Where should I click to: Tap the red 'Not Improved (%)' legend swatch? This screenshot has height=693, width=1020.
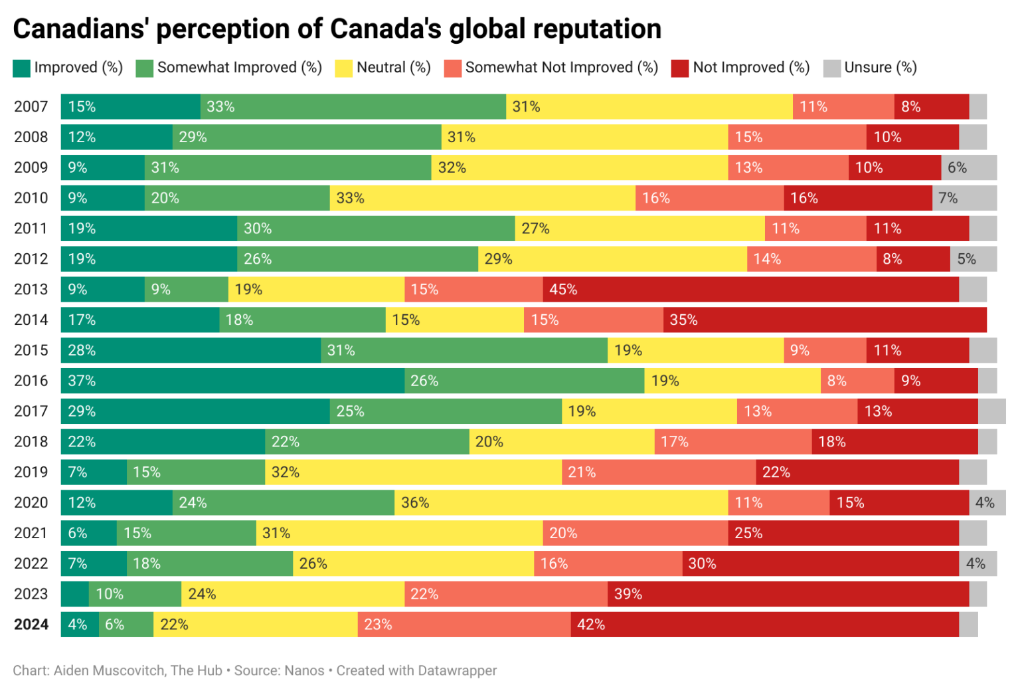tap(679, 68)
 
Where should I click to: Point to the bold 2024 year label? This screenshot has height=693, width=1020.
tap(31, 625)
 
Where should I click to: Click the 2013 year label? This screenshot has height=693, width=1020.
tap(31, 290)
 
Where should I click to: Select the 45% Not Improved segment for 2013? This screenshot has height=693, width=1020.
tap(750, 290)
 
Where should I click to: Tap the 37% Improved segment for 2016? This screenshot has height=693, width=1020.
tap(232, 381)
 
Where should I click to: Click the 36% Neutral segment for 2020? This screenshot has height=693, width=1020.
tap(561, 503)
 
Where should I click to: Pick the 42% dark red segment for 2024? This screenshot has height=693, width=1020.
tap(764, 625)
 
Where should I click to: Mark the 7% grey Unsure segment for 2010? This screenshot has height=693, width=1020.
tap(964, 198)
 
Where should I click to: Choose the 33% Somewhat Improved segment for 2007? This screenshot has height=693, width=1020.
tap(353, 107)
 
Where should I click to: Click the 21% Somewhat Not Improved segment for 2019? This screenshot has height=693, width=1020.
tap(659, 472)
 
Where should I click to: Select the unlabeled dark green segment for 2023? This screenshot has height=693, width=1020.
tap(74, 594)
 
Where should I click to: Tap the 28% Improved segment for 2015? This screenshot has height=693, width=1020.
tap(191, 350)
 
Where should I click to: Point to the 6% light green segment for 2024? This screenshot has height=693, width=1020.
tap(126, 625)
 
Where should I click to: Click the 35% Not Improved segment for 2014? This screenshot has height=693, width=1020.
tap(825, 320)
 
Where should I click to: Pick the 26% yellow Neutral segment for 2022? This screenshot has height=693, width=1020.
tap(413, 563)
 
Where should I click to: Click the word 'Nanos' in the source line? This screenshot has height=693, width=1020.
tap(304, 670)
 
